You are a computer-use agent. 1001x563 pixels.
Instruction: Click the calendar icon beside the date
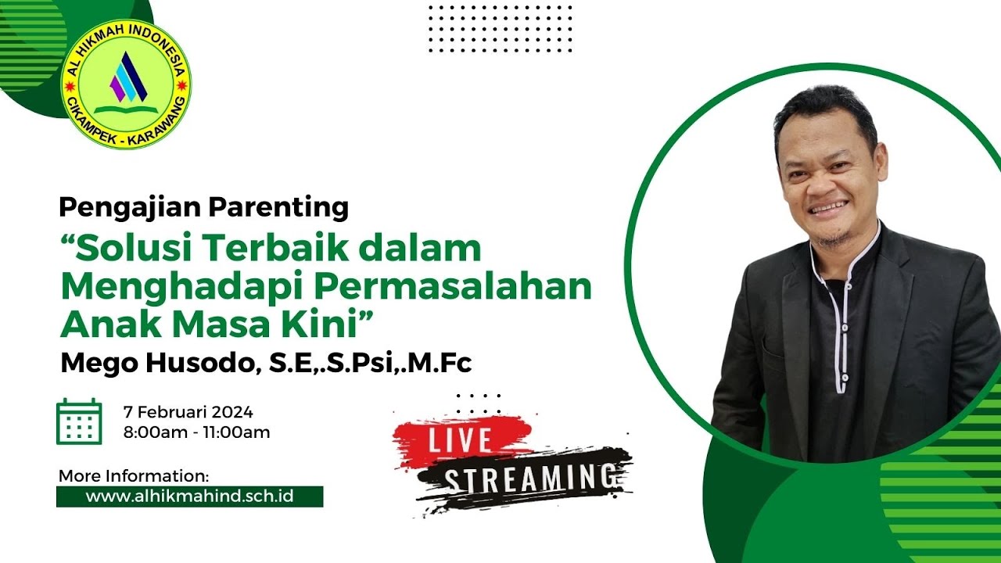(79, 421)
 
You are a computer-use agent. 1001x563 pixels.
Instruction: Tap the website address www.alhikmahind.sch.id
(189, 496)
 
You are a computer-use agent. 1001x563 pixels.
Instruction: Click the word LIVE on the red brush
(459, 440)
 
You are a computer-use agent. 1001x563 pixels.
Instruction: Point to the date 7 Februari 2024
(188, 412)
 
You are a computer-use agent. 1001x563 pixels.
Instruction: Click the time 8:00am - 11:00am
(197, 432)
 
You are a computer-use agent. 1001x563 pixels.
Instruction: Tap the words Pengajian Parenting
(203, 207)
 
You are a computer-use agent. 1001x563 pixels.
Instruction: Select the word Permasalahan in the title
(454, 286)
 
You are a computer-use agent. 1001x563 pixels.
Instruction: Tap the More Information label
(134, 475)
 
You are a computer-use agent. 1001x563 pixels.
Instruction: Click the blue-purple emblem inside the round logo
(127, 77)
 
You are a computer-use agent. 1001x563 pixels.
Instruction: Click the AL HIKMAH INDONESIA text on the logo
(125, 35)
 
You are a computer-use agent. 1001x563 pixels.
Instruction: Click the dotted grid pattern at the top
(500, 28)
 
